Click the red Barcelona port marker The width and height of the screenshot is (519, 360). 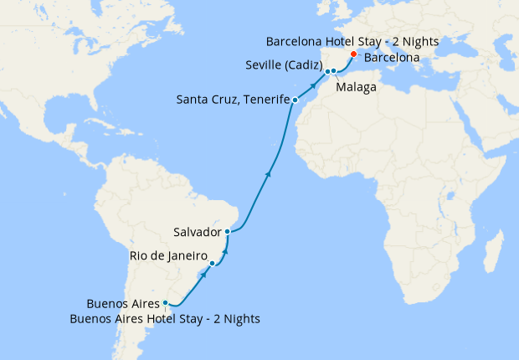coord(353,55)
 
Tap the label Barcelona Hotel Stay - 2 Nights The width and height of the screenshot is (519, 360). coord(352,41)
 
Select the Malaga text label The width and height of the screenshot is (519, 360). coord(355,87)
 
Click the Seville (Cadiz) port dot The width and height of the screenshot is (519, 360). coord(327,71)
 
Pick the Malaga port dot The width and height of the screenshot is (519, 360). coord(334,71)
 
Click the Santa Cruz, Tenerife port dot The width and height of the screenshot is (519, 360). coord(295,100)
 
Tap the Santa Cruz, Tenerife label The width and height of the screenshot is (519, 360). coord(233,100)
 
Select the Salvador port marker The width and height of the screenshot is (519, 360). coord(228,231)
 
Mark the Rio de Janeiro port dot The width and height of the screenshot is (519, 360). coord(213,264)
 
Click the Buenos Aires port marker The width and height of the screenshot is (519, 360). coord(166,303)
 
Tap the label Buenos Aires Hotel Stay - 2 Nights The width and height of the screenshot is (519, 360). coord(165,318)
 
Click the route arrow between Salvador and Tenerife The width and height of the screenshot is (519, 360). coord(268,174)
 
